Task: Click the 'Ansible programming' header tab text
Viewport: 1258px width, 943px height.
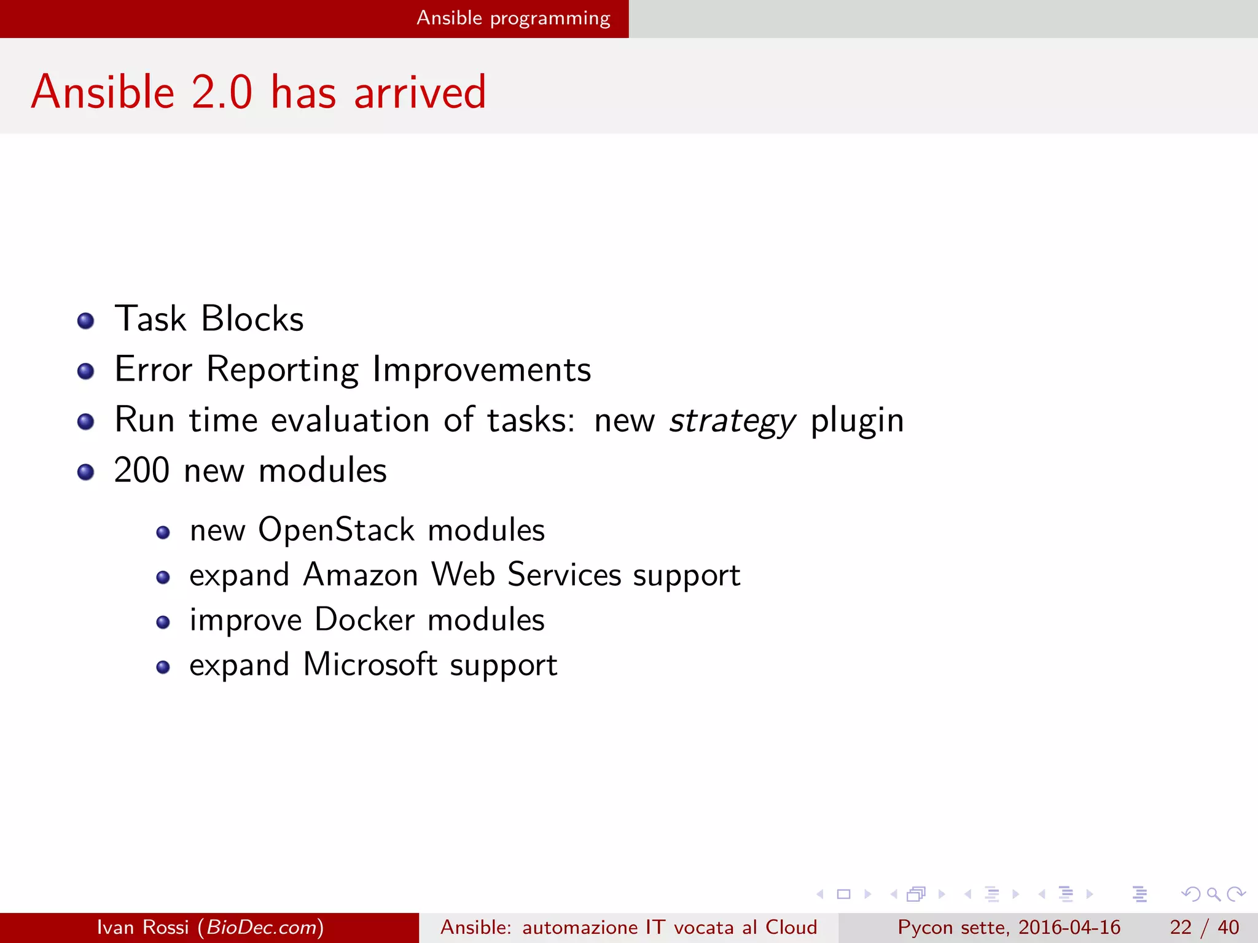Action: coord(514,18)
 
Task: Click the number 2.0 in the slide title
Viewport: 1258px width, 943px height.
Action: coord(221,92)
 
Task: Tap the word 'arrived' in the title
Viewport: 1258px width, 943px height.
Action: coord(420,92)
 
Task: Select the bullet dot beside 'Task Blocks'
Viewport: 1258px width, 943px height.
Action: coord(86,320)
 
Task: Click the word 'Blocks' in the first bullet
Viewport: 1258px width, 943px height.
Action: coord(252,319)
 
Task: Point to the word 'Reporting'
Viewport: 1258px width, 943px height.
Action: coord(282,370)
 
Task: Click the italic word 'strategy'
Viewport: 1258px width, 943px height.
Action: coord(732,421)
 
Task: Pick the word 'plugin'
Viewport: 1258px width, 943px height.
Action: coord(857,421)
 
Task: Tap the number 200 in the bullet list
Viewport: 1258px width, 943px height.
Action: coord(142,471)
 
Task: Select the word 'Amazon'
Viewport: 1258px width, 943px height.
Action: coord(361,575)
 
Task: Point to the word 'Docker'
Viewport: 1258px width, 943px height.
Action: coord(364,619)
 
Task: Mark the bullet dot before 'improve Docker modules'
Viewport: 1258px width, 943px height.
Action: coord(163,623)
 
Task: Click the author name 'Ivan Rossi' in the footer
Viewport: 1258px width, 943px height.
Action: coord(143,927)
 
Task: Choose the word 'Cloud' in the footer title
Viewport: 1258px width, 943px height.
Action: coord(791,927)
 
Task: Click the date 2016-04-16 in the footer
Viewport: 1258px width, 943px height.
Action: coord(1069,927)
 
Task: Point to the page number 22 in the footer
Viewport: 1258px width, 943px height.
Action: coord(1181,927)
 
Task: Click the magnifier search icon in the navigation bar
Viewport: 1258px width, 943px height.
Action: coord(1213,894)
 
